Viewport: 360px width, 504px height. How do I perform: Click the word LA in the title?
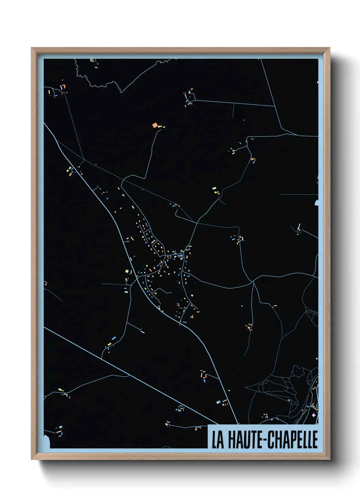(218, 440)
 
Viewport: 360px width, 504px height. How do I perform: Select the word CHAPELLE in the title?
(291, 440)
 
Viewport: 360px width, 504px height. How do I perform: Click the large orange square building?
(155, 125)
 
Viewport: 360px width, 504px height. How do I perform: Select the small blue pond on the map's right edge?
(317, 203)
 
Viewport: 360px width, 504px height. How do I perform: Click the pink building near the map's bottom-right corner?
(313, 415)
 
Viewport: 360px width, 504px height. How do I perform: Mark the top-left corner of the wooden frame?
(32, 48)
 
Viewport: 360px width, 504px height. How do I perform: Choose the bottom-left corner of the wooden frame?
(32, 459)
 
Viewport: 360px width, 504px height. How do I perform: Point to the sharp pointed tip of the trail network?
(245, 388)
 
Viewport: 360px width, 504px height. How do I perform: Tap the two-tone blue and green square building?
(127, 271)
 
